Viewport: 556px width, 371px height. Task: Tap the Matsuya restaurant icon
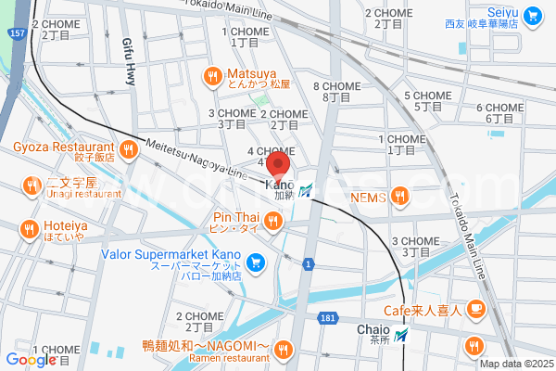click(x=212, y=76)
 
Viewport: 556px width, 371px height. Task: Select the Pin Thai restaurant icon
click(x=272, y=221)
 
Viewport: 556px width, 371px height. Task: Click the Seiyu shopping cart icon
click(x=532, y=15)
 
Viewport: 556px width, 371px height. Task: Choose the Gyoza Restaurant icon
click(x=128, y=149)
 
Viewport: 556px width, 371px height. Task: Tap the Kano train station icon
click(x=306, y=190)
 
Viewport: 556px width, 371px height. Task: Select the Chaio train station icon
click(x=400, y=336)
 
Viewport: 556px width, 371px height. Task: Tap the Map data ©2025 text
click(x=515, y=364)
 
